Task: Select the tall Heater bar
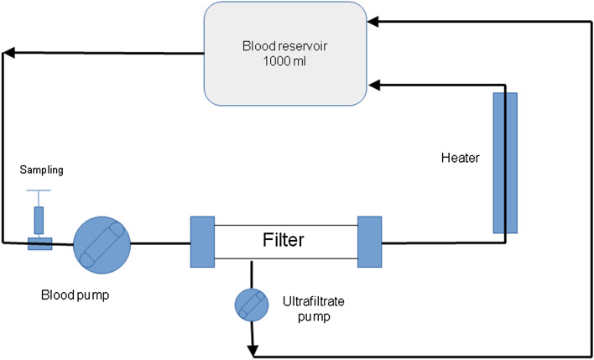point(505,162)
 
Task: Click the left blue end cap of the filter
point(202,242)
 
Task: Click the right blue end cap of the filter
point(369,242)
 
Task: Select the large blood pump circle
point(102,244)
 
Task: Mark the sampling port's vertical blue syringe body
point(39,220)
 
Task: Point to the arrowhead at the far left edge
point(7,55)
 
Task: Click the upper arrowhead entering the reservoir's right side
point(376,18)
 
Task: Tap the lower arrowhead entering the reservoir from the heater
point(376,84)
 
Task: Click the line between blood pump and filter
point(160,244)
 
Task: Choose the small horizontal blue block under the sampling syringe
point(39,243)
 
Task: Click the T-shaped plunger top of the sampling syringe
point(39,192)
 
